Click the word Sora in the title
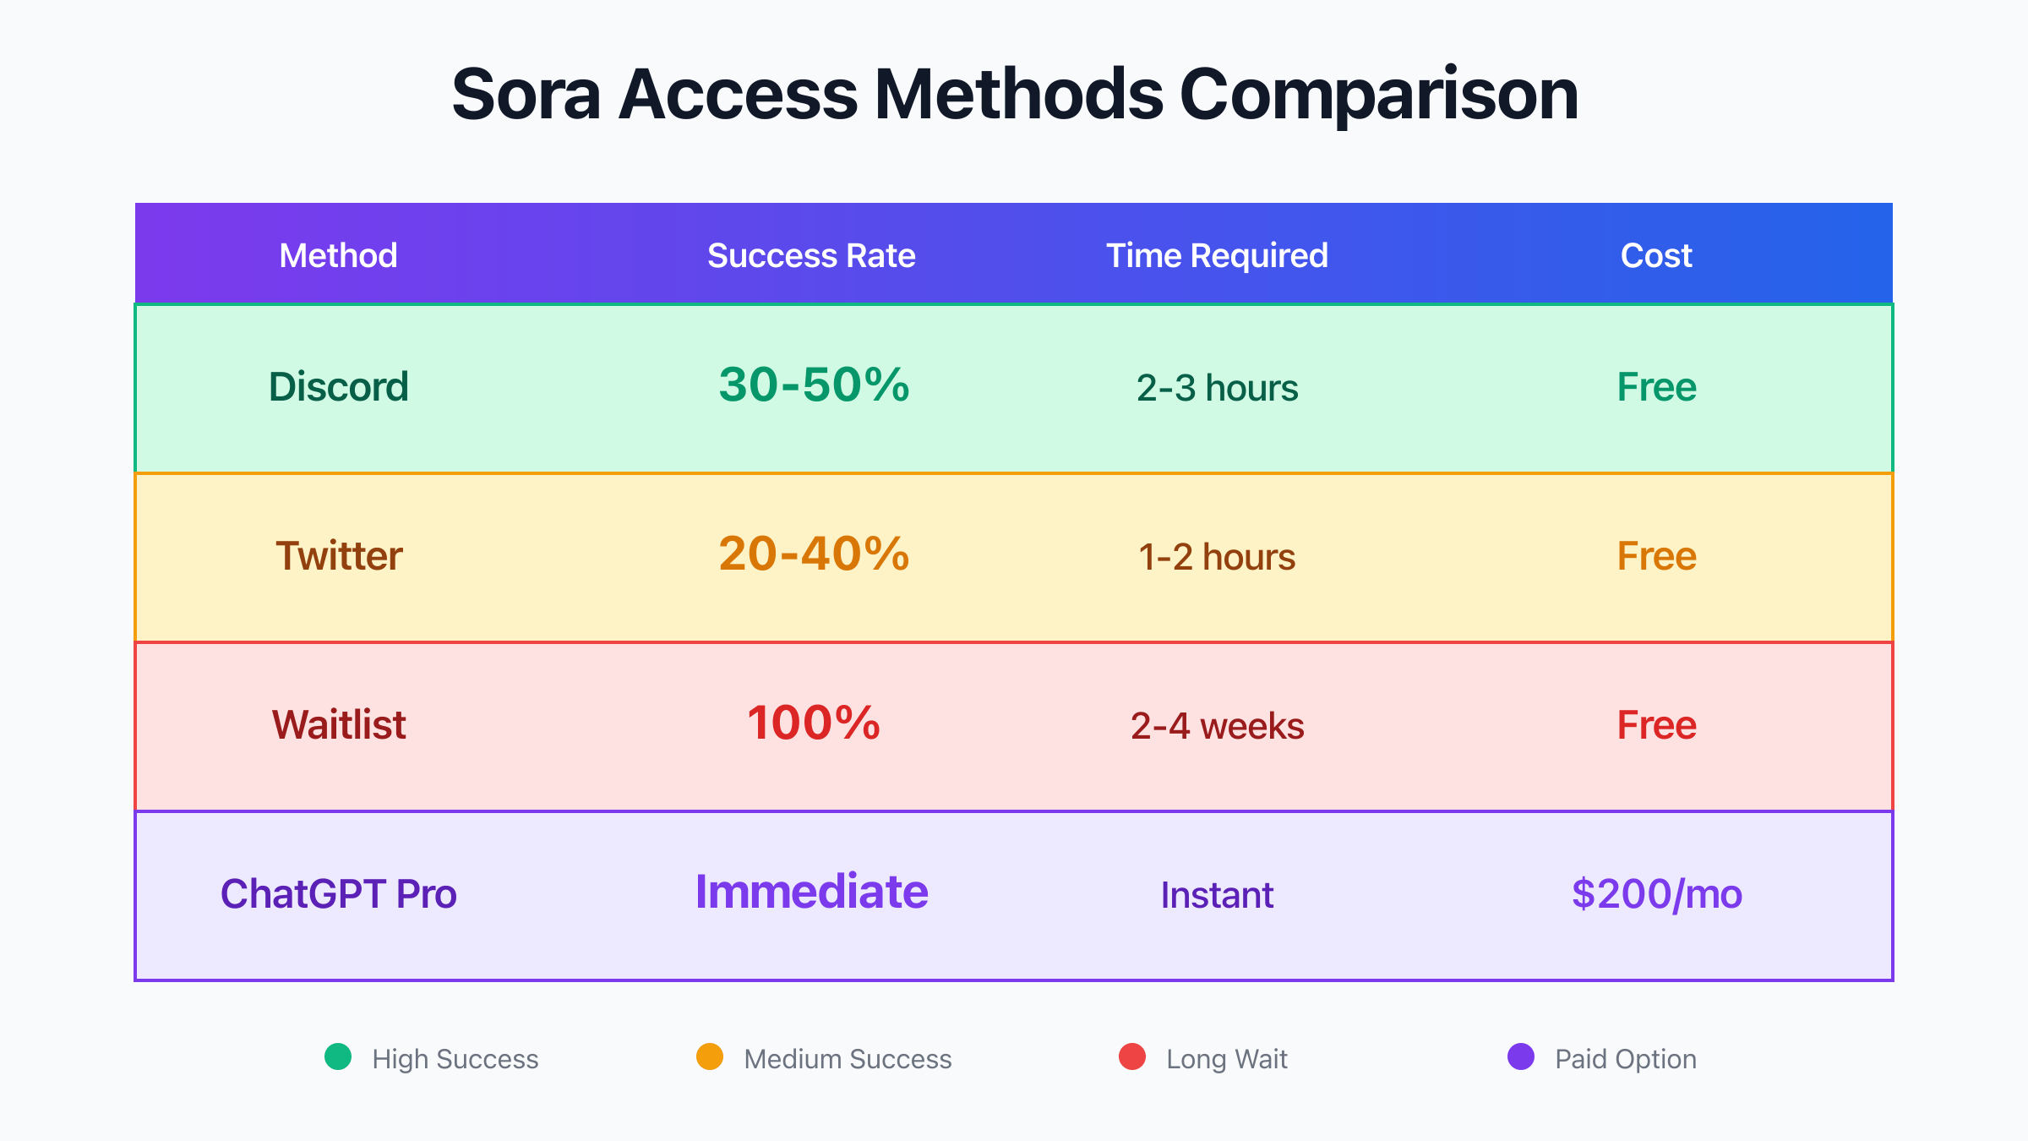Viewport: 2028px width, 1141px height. pos(526,95)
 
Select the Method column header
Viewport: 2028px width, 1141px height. pos(338,255)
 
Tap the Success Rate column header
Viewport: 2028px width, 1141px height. pos(811,255)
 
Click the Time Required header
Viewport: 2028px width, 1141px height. pos(1217,256)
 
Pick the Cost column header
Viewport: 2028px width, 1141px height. pos(1656,255)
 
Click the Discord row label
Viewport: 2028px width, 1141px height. pos(338,387)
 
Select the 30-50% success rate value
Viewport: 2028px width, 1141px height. pos(814,385)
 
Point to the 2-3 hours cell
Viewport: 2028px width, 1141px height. pos(1217,388)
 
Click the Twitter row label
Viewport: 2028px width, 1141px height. pos(339,556)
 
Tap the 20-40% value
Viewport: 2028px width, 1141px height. pos(814,554)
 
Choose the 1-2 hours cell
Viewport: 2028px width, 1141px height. pos(1217,557)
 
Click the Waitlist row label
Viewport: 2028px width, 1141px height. pos(339,725)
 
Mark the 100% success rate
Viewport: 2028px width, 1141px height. pos(814,723)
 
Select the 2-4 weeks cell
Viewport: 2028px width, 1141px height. pos(1217,726)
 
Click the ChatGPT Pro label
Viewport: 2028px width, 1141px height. pos(338,894)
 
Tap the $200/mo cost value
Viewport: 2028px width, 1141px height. pos(1656,894)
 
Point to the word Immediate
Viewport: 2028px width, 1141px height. pos(811,892)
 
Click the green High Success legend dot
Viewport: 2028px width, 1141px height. pos(338,1056)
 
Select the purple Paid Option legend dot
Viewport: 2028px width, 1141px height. pos(1521,1056)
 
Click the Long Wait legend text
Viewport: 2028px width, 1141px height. pos(1227,1059)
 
